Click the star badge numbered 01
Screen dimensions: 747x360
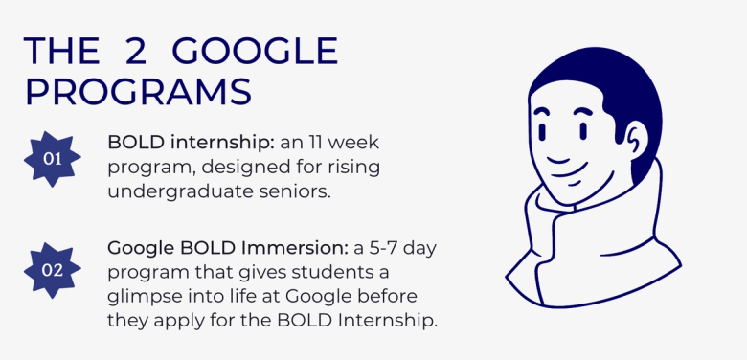[x=53, y=159]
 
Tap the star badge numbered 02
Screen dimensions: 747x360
[x=53, y=270]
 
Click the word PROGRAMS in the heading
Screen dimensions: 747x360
[x=138, y=92]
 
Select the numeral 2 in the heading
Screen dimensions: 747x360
[x=135, y=51]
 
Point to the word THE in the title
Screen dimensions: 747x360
[x=61, y=51]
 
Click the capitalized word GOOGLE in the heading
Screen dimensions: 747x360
[x=255, y=51]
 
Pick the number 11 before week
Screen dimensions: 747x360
[x=315, y=143]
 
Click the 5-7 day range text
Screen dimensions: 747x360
[x=398, y=249]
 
